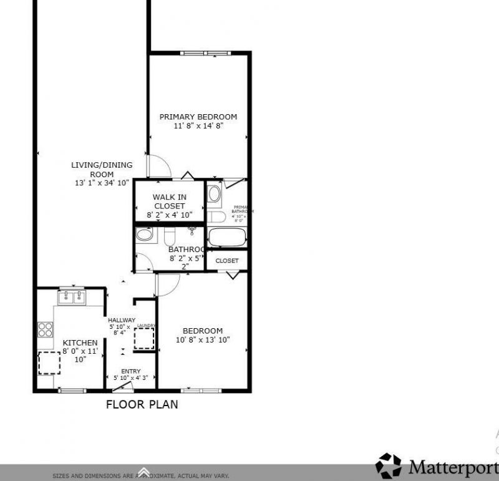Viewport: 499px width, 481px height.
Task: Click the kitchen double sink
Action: click(72, 298)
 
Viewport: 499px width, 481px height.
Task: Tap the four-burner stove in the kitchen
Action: click(45, 328)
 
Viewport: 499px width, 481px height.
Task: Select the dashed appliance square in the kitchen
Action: click(48, 362)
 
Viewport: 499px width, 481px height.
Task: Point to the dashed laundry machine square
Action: click(144, 339)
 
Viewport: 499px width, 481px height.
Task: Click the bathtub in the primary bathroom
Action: click(227, 238)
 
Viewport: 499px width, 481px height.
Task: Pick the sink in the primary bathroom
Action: click(214, 194)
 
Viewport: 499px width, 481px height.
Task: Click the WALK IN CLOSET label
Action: click(169, 202)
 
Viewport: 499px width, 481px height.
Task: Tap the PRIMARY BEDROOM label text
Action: click(198, 117)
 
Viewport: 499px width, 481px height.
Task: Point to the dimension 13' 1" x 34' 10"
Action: click(102, 183)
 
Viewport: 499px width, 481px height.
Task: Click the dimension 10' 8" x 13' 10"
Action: click(203, 340)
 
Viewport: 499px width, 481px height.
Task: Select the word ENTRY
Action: click(131, 371)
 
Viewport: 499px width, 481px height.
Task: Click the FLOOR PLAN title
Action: click(142, 404)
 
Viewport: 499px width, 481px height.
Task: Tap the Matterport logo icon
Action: click(388, 466)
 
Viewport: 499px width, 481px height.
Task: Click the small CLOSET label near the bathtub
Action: click(227, 261)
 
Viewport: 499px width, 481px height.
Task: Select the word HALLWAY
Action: click(122, 320)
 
